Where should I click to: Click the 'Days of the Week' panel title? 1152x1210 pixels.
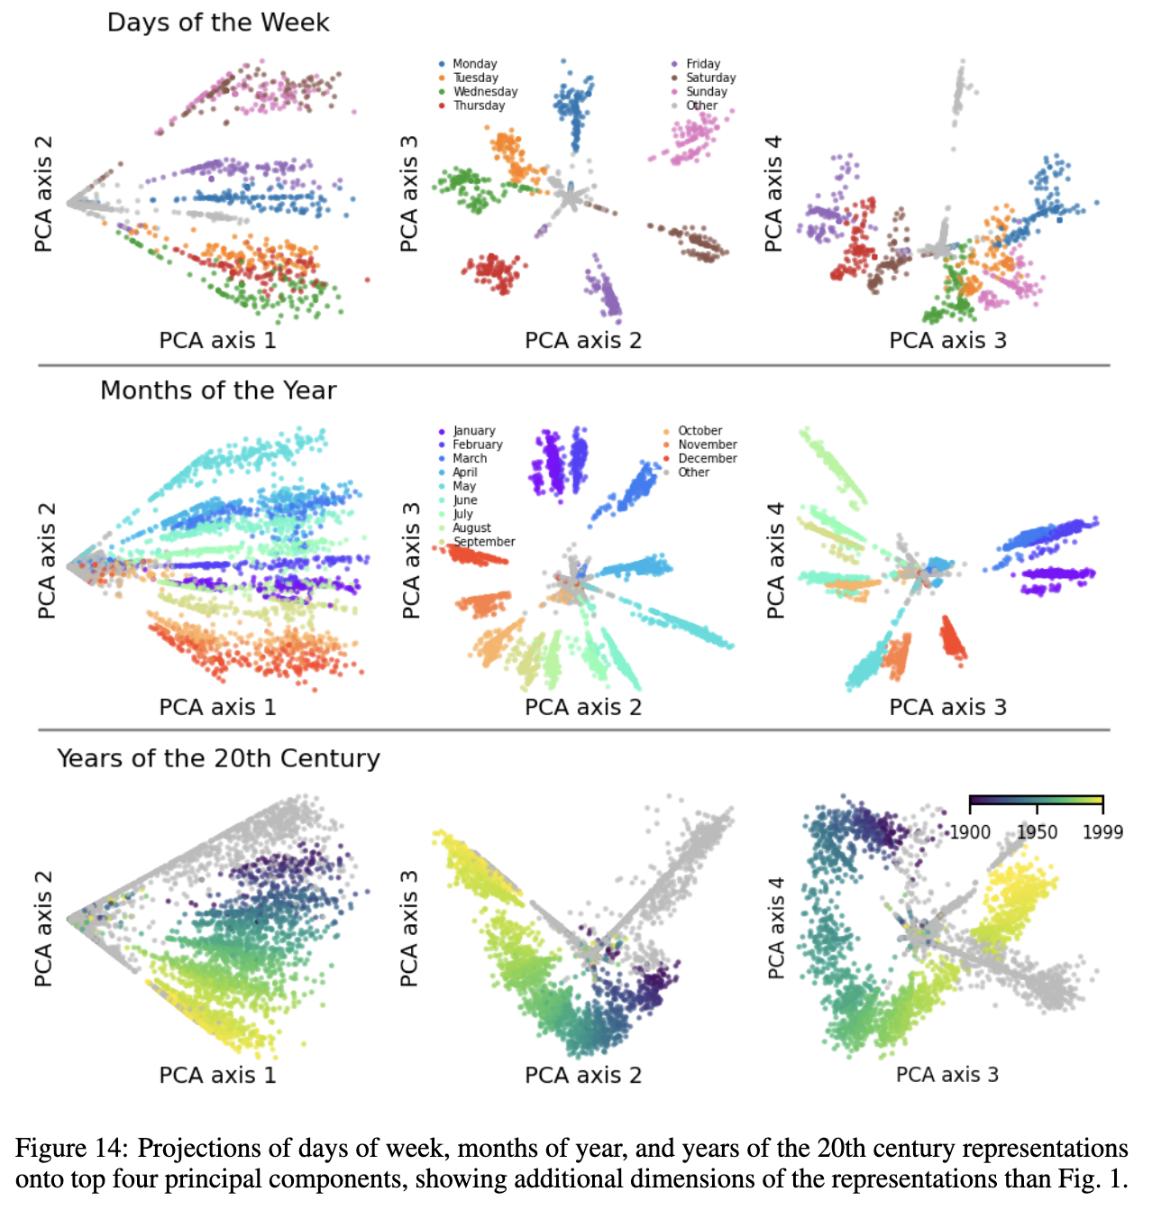218,23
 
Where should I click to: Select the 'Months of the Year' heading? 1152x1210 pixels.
218,390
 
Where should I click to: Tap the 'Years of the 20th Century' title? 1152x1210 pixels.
218,758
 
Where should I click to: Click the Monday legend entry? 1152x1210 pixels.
474,64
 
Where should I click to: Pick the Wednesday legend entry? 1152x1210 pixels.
485,92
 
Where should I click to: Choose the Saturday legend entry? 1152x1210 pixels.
710,78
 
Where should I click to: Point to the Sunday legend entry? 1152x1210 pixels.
706,92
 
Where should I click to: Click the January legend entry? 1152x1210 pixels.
473,431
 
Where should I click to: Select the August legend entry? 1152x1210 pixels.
471,528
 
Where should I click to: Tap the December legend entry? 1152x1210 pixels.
707,459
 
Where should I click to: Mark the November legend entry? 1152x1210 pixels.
707,445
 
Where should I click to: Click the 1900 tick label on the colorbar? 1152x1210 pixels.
970,832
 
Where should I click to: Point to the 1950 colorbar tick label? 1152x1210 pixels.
1037,832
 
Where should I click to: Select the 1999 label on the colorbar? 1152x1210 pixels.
1102,832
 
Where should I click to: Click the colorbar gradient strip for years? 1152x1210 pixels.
1036,800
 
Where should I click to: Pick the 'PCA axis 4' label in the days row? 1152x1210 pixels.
773,194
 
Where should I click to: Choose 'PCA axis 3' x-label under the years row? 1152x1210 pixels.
947,1075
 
